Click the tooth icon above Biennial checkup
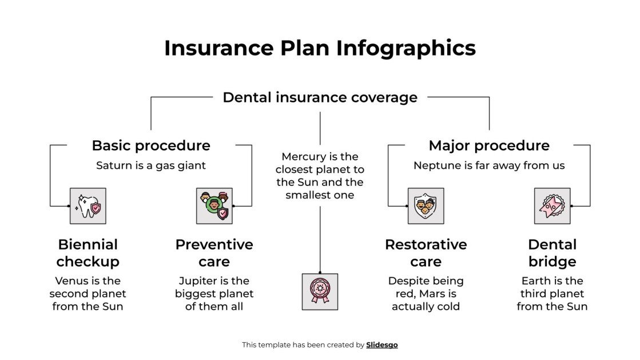tap(88, 205)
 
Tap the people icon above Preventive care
tap(214, 205)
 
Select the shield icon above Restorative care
tap(426, 205)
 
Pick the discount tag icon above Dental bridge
tap(552, 205)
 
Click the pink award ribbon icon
tap(320, 291)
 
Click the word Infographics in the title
tap(406, 48)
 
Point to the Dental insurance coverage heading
tap(320, 97)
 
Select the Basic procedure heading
tap(151, 145)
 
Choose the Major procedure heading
tap(489, 145)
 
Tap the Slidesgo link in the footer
tap(381, 345)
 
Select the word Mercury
tap(304, 156)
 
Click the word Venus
tap(71, 280)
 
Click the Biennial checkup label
tap(88, 253)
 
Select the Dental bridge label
tap(552, 253)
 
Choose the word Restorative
tap(426, 244)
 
